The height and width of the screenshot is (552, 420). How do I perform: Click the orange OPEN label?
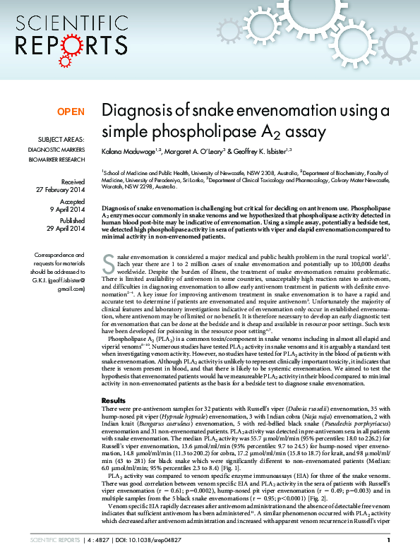[x=71, y=112]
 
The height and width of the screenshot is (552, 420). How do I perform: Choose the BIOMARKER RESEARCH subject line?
[x=56, y=160]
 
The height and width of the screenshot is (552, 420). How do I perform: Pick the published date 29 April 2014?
[x=66, y=229]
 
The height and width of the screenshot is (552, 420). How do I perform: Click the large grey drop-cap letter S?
[x=108, y=264]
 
